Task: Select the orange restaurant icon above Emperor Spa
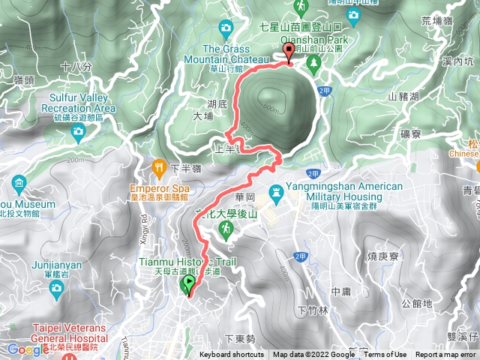pos(158,166)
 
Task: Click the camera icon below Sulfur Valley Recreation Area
pos(78,132)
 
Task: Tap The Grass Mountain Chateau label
pos(225,55)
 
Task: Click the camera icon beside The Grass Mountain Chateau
pos(226,28)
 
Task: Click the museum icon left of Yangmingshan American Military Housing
pos(277,193)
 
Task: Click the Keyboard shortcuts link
pos(232,355)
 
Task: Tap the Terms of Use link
pos(385,355)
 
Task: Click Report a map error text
pos(446,355)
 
